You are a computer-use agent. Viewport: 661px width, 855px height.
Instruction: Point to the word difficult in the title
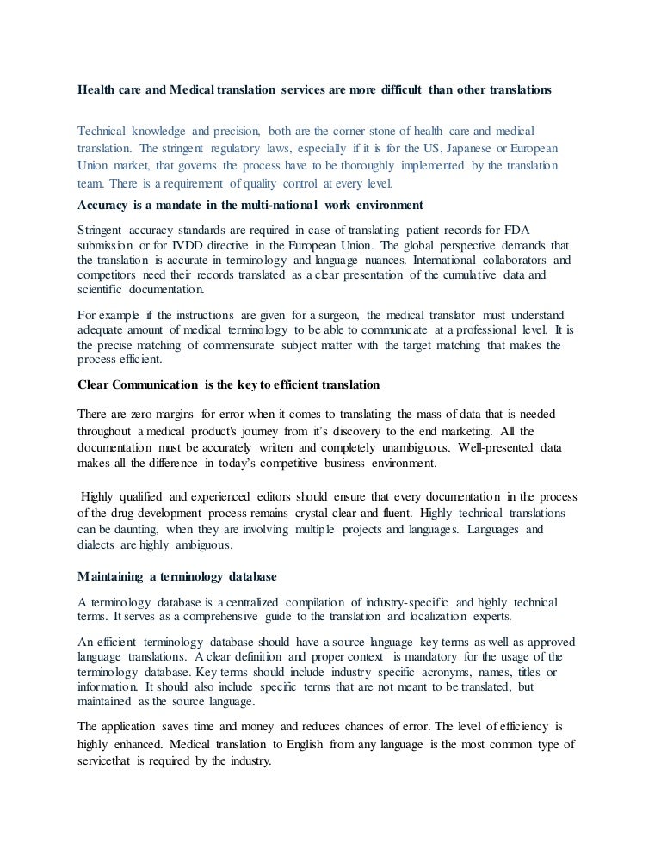(386, 88)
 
